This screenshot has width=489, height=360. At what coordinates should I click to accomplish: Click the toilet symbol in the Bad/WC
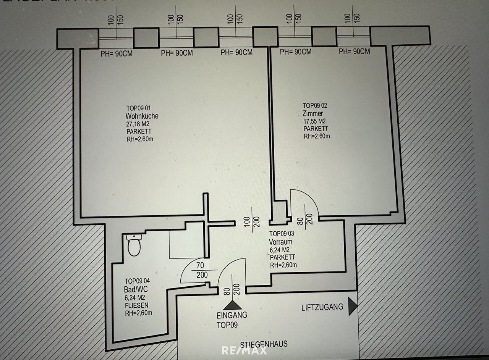(134, 245)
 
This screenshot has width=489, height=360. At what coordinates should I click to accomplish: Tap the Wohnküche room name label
(142, 116)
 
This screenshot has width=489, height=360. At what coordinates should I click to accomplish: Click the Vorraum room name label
(281, 242)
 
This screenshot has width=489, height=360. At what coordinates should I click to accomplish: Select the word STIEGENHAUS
(264, 344)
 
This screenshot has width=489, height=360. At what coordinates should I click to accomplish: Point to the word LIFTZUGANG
(322, 307)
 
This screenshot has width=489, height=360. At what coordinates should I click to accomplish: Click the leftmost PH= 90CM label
(117, 54)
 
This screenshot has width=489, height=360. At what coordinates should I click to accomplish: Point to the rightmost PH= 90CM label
(355, 52)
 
